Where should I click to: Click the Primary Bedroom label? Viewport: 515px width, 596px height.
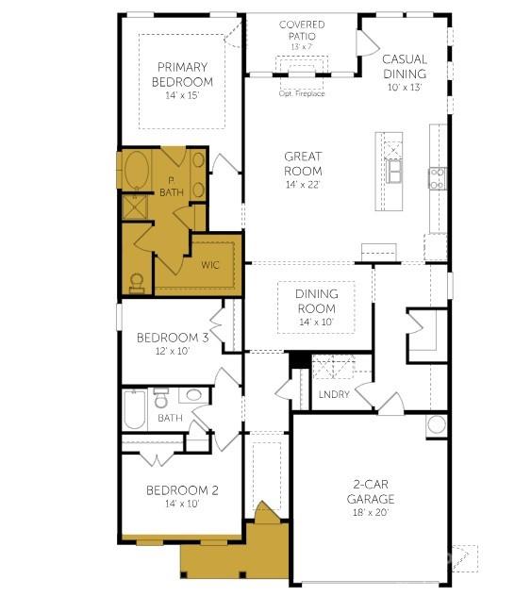tap(182, 74)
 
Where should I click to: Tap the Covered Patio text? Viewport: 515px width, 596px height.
tap(302, 30)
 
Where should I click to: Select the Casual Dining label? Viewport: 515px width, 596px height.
tap(405, 67)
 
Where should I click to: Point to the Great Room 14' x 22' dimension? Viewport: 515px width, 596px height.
tap(303, 184)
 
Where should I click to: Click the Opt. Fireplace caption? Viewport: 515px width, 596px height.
tap(302, 93)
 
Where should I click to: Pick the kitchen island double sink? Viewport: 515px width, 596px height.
tap(394, 171)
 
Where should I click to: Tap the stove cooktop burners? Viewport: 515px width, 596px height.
tap(438, 178)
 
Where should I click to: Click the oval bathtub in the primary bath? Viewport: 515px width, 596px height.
tap(137, 170)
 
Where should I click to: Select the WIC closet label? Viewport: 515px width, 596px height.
tap(210, 265)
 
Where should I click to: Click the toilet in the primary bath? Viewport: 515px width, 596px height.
tap(137, 284)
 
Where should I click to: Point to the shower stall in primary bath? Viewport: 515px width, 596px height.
tap(135, 207)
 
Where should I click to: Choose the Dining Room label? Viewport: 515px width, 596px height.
tap(317, 301)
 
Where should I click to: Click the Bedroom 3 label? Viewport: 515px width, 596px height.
tap(173, 338)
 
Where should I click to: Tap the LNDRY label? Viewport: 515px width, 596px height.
tap(334, 394)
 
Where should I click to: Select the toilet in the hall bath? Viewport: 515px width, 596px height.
tap(161, 397)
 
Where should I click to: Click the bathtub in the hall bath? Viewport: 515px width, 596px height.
tap(135, 409)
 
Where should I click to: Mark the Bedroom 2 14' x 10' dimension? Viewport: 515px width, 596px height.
tap(182, 504)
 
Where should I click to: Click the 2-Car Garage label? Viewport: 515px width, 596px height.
tap(371, 491)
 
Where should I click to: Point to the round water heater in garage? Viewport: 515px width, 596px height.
tap(437, 424)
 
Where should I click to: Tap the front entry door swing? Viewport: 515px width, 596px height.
tap(267, 512)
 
